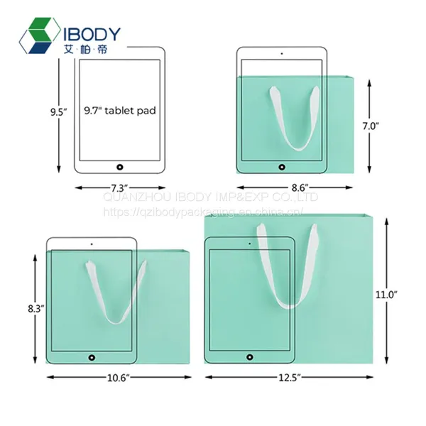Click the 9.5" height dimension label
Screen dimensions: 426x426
pyautogui.click(x=58, y=112)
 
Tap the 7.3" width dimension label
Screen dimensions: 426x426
pyautogui.click(x=119, y=187)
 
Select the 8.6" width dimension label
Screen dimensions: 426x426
pyautogui.click(x=300, y=187)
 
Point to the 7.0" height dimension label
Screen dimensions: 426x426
pyautogui.click(x=371, y=126)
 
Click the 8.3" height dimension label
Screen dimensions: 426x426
pyautogui.click(x=36, y=309)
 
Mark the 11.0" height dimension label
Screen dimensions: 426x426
pyautogui.click(x=386, y=295)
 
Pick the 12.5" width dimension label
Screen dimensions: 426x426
pyautogui.click(x=290, y=378)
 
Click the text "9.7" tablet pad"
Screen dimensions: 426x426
pyautogui.click(x=120, y=111)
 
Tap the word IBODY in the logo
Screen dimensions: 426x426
pyautogui.click(x=92, y=34)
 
